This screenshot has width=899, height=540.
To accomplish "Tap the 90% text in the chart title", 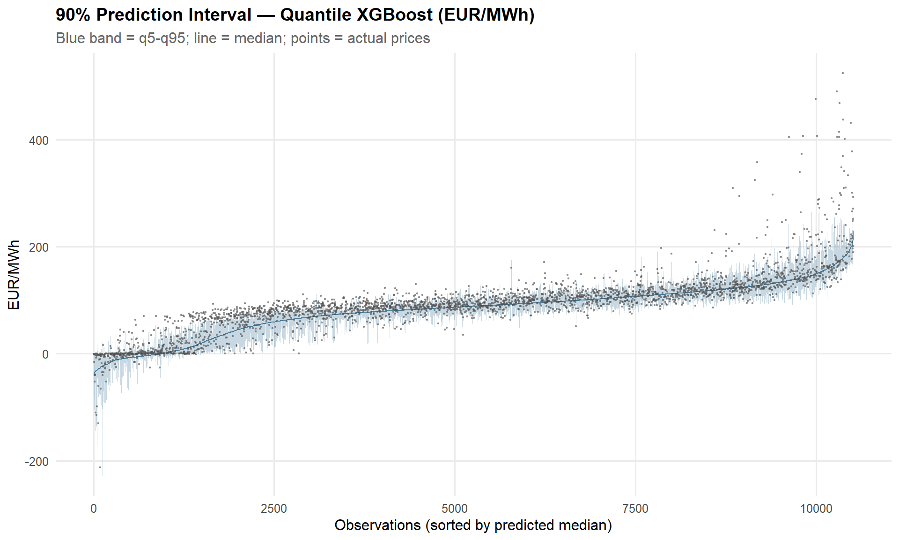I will (x=73, y=15).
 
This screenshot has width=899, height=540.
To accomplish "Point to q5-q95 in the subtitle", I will (x=162, y=38).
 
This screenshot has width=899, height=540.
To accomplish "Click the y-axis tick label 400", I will (x=39, y=141).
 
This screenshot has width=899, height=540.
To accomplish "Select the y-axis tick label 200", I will (x=39, y=247).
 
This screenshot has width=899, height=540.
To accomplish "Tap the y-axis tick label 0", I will (x=45, y=354).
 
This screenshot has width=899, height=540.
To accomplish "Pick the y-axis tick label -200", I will (x=37, y=462).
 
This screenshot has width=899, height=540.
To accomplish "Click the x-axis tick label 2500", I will (x=274, y=509).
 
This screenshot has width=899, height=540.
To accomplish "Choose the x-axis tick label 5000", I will (x=455, y=509).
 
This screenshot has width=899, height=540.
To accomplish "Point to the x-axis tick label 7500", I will (x=635, y=509).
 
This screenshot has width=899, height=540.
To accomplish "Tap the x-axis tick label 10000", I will (x=816, y=509).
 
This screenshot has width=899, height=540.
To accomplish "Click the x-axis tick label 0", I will (x=94, y=509).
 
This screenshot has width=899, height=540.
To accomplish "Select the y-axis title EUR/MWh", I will (x=14, y=275).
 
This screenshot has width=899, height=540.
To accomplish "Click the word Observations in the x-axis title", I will (x=377, y=525).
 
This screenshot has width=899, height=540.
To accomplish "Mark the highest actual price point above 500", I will (x=843, y=73).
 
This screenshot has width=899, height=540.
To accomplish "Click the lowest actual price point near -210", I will (x=100, y=467).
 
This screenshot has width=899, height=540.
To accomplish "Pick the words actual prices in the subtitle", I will (x=388, y=38).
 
